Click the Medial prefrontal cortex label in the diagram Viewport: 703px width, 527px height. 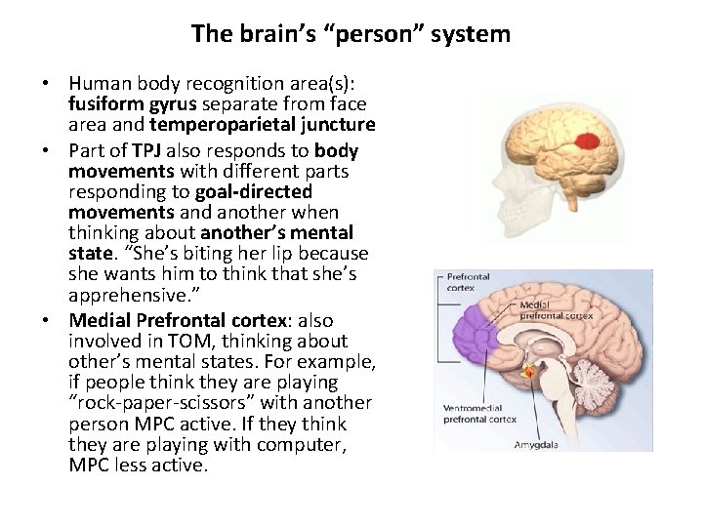pyautogui.click(x=556, y=309)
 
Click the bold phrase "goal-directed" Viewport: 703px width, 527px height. pyautogui.click(x=253, y=191)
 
